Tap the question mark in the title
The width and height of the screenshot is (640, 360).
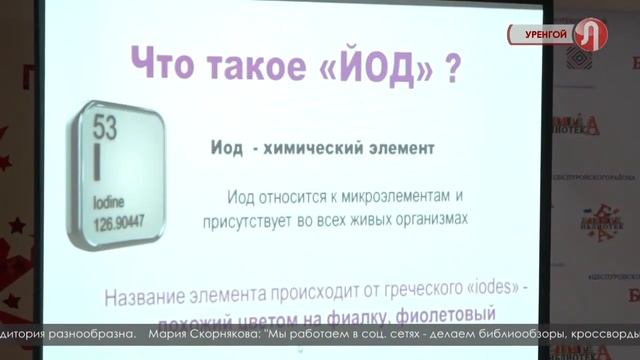(x=453, y=71)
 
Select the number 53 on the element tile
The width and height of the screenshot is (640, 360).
(x=104, y=127)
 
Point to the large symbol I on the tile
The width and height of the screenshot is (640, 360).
(x=97, y=159)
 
